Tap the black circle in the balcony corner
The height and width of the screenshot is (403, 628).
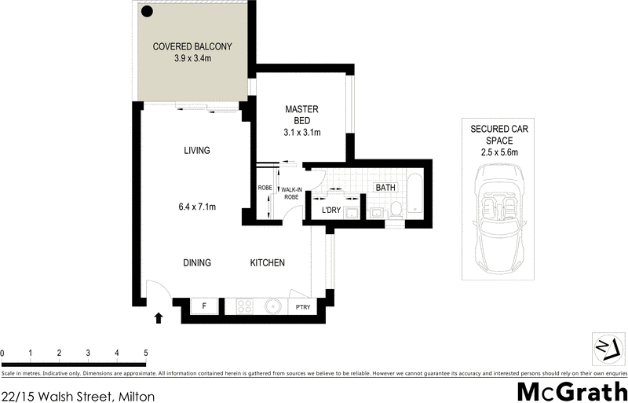pyautogui.click(x=146, y=10)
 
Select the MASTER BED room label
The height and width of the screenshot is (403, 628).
pyautogui.click(x=302, y=115)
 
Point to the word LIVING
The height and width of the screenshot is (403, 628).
pyautogui.click(x=196, y=151)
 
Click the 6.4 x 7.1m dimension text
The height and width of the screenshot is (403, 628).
pyautogui.click(x=196, y=207)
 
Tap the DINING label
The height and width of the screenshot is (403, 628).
pyautogui.click(x=197, y=263)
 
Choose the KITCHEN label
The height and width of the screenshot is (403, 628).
pyautogui.click(x=267, y=263)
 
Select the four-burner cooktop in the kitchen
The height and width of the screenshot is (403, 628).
pyautogui.click(x=242, y=307)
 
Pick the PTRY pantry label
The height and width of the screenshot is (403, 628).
pyautogui.click(x=303, y=308)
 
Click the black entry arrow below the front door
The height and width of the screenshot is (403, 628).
pyautogui.click(x=159, y=318)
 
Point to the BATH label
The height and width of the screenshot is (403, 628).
pyautogui.click(x=385, y=189)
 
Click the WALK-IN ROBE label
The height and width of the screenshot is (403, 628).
pyautogui.click(x=291, y=192)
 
